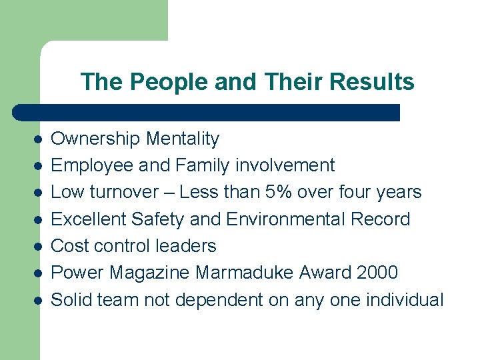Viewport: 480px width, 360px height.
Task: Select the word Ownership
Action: [x=95, y=139]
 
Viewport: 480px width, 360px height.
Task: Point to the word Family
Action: [x=197, y=166]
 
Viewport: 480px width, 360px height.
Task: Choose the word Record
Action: [x=385, y=219]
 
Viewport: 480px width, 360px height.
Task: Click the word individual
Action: [x=407, y=300]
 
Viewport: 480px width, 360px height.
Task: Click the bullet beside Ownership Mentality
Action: [x=39, y=139]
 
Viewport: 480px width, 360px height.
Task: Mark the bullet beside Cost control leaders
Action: [x=39, y=246]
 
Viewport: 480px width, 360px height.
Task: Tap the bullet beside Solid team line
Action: [x=39, y=300]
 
